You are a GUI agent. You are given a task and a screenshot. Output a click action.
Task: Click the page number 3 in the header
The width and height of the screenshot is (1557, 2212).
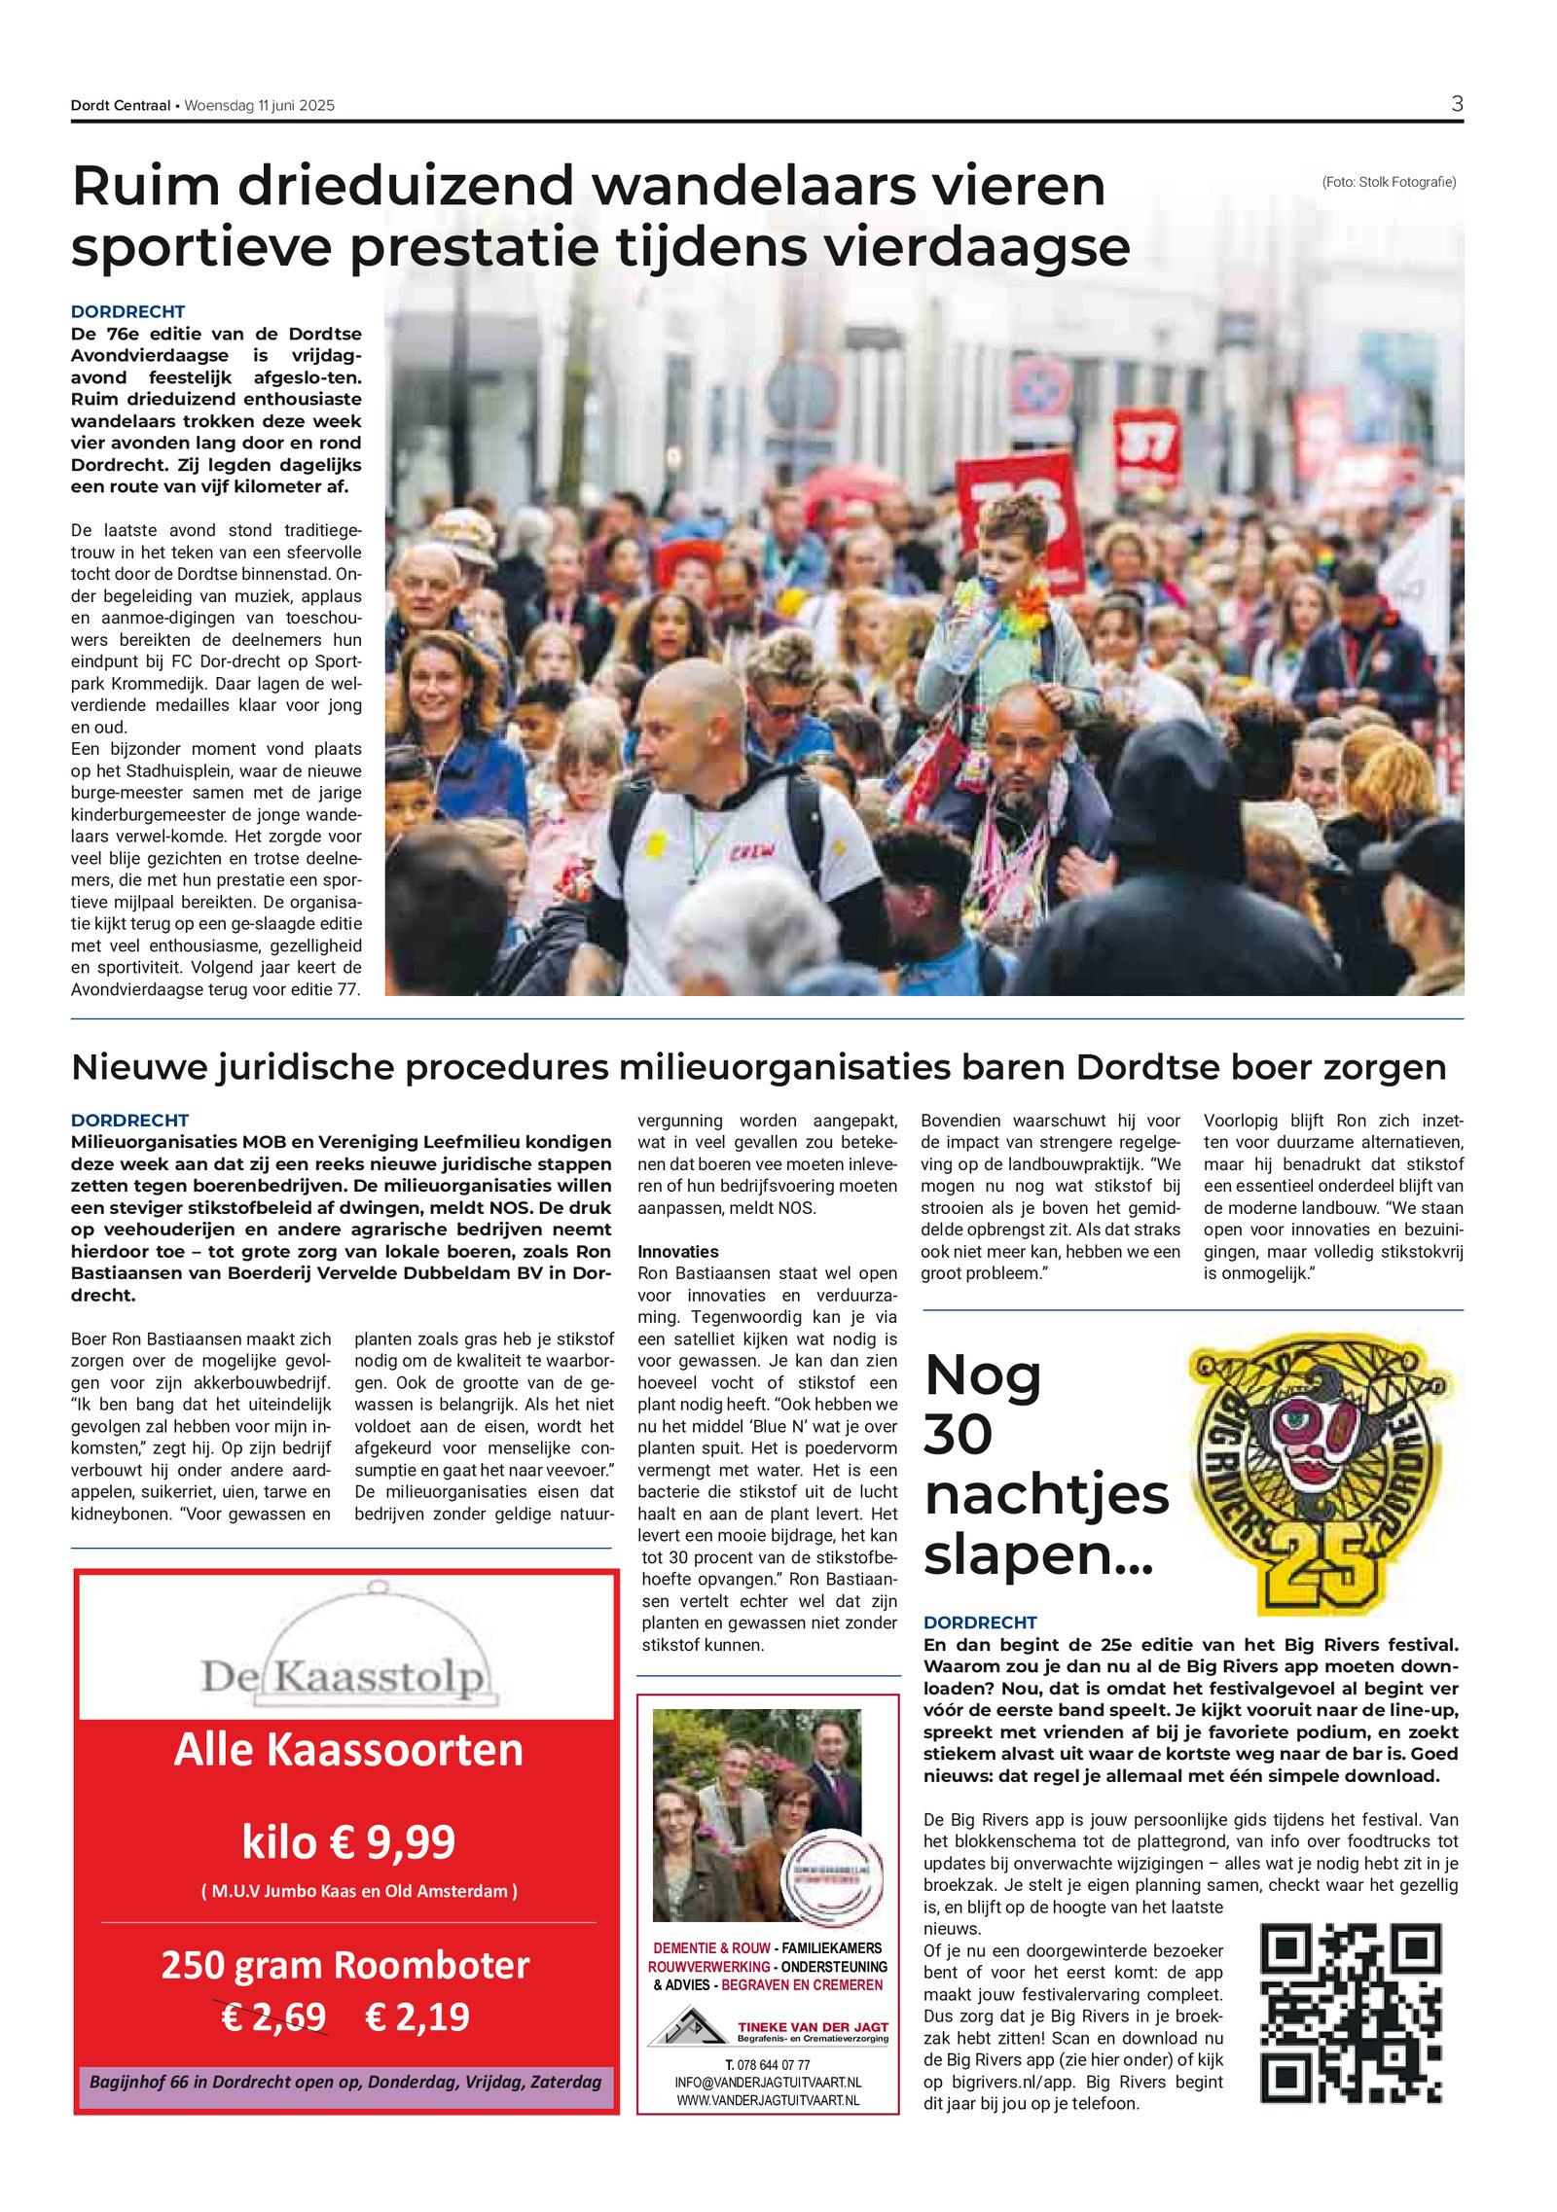tap(1456, 104)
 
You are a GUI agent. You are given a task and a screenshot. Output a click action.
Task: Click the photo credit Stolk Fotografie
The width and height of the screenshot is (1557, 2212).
tap(1389, 182)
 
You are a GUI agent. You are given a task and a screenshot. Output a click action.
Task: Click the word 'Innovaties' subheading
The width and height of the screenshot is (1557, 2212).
tap(677, 1252)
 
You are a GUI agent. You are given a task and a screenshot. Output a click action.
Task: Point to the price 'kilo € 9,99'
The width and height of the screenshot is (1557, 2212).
tap(348, 1841)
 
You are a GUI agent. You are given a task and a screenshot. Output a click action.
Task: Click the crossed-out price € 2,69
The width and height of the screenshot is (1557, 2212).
tap(273, 2016)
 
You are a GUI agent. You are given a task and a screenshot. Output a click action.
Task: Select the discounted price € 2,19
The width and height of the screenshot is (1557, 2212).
tap(416, 2016)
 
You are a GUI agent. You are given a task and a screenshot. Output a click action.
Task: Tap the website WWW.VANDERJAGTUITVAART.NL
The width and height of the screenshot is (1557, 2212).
tap(768, 2100)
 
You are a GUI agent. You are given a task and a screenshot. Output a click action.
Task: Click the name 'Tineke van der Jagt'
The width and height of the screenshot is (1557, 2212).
tap(813, 2027)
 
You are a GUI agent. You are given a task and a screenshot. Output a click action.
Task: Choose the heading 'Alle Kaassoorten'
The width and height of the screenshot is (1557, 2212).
tap(348, 1750)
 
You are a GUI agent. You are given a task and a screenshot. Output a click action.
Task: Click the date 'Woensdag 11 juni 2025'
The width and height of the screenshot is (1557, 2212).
tap(259, 106)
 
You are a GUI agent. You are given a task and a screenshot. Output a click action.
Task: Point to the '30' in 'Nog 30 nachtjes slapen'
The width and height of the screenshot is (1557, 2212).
tap(959, 1434)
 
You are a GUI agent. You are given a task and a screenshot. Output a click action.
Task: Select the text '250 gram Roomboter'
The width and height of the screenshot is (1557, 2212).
tap(345, 1965)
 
